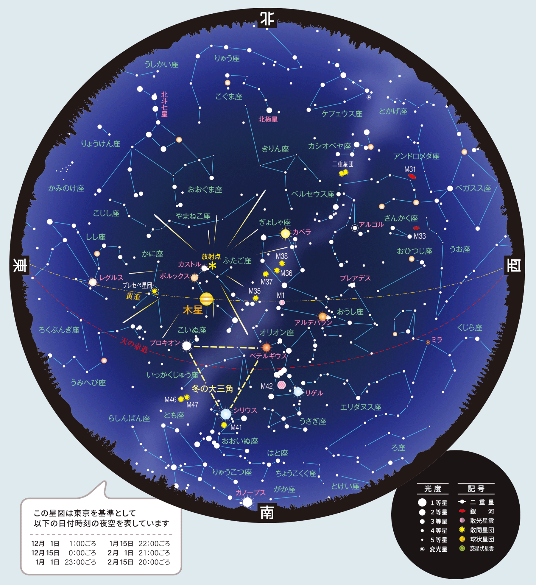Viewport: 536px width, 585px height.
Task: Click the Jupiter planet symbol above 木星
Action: tap(206, 299)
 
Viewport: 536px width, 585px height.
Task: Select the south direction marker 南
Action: tap(267, 513)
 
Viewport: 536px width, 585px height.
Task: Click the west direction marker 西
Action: tap(514, 265)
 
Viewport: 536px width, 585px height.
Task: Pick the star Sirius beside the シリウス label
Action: tap(226, 414)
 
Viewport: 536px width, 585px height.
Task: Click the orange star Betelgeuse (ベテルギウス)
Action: tap(266, 347)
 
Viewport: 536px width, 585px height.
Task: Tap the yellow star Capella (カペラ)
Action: tap(285, 234)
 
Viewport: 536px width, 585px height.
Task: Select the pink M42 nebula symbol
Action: tap(281, 385)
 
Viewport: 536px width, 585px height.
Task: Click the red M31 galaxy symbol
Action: tap(412, 177)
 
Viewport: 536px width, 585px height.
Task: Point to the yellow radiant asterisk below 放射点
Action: tap(212, 266)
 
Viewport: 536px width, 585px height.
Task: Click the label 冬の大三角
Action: tap(212, 389)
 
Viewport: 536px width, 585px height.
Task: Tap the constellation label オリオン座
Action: tap(277, 333)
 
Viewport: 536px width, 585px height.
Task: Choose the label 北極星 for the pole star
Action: tap(268, 119)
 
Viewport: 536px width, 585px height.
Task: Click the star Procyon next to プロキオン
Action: tap(187, 346)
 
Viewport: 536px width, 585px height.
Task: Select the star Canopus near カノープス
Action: tap(247, 502)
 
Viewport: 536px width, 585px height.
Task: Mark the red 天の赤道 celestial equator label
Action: tap(134, 345)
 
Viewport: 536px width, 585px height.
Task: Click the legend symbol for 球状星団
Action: tap(462, 539)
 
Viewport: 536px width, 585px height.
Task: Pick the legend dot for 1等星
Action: tap(422, 503)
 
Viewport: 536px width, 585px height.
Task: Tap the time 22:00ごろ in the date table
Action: tap(154, 544)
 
